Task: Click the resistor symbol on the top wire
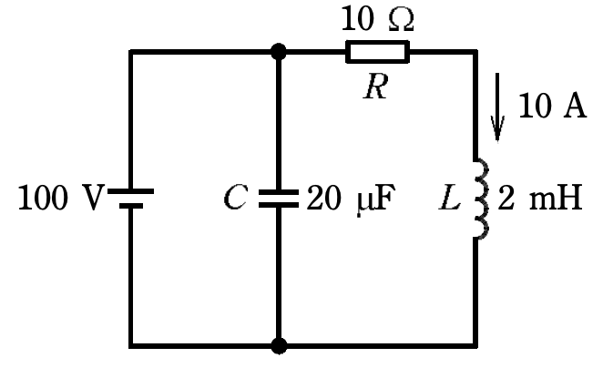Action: [378, 52]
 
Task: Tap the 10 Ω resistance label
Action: [378, 18]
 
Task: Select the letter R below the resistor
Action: [375, 87]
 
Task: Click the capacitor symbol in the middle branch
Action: [279, 199]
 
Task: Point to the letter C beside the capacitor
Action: [235, 198]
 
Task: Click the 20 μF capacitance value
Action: [351, 199]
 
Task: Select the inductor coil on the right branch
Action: [482, 199]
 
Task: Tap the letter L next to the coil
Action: [449, 198]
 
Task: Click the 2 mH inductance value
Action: [540, 198]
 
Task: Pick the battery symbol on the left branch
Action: [131, 199]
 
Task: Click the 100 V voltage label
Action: [62, 198]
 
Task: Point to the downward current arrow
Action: [497, 107]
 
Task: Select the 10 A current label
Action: [552, 106]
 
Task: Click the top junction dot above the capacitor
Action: [279, 52]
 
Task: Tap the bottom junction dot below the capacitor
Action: [279, 346]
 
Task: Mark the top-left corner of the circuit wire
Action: [131, 52]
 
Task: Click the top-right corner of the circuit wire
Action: [475, 52]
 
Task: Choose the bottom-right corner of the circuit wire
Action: [475, 346]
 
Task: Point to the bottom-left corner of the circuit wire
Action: [131, 346]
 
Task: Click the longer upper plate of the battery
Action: [131, 191]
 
